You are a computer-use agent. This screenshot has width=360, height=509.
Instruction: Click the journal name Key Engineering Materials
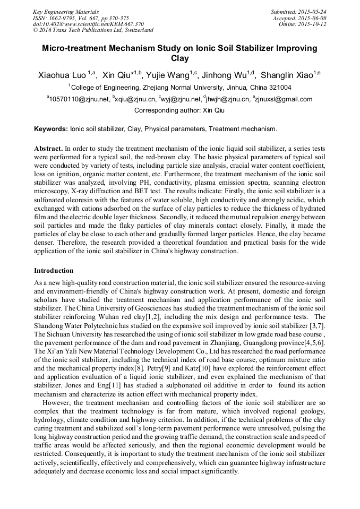tap(66, 11)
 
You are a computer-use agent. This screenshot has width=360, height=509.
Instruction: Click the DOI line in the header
tap(88, 24)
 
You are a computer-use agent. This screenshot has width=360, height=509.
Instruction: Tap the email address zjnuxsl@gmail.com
tap(284, 99)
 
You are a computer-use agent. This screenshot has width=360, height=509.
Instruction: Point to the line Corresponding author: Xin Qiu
tap(179, 110)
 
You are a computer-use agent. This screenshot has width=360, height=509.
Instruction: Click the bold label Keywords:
tap(51, 129)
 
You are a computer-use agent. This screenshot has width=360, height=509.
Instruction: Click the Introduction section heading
tap(54, 271)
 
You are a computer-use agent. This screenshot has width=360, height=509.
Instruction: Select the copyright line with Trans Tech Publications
tap(93, 30)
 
